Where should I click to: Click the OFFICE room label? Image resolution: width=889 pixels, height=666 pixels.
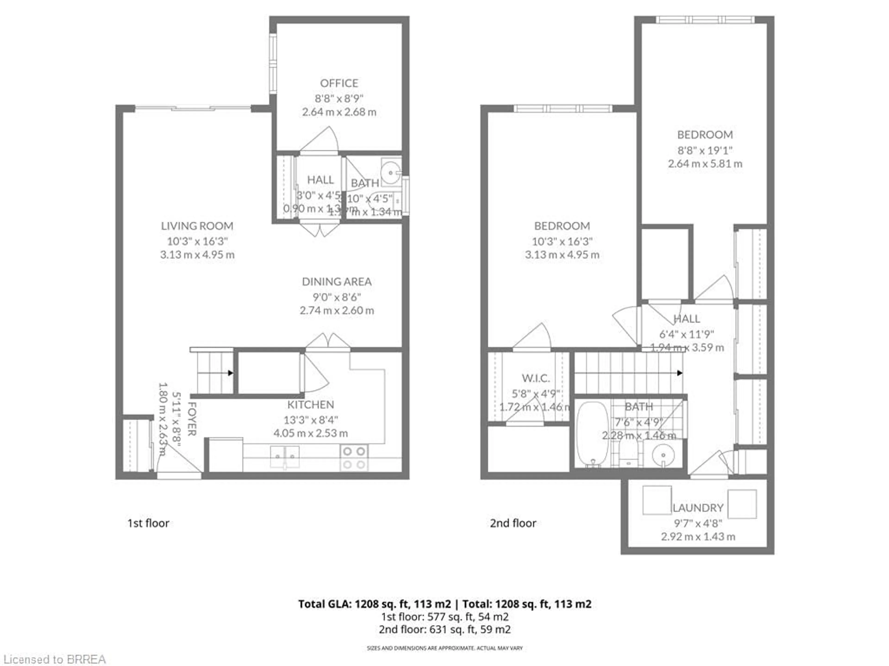339,83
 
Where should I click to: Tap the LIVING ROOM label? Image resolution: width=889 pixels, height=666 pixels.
197,226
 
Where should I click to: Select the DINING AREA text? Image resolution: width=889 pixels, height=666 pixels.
336,282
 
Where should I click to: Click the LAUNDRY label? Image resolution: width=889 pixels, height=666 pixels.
698,508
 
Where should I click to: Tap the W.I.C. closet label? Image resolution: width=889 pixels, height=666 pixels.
536,378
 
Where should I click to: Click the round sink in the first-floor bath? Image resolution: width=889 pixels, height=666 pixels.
391,173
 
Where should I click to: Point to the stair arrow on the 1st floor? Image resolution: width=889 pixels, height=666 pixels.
230,373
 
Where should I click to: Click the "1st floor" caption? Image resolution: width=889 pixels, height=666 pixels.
148,523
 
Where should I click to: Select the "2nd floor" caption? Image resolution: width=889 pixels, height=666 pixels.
513,523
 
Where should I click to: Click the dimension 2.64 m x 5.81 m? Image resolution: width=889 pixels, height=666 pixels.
705,164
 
